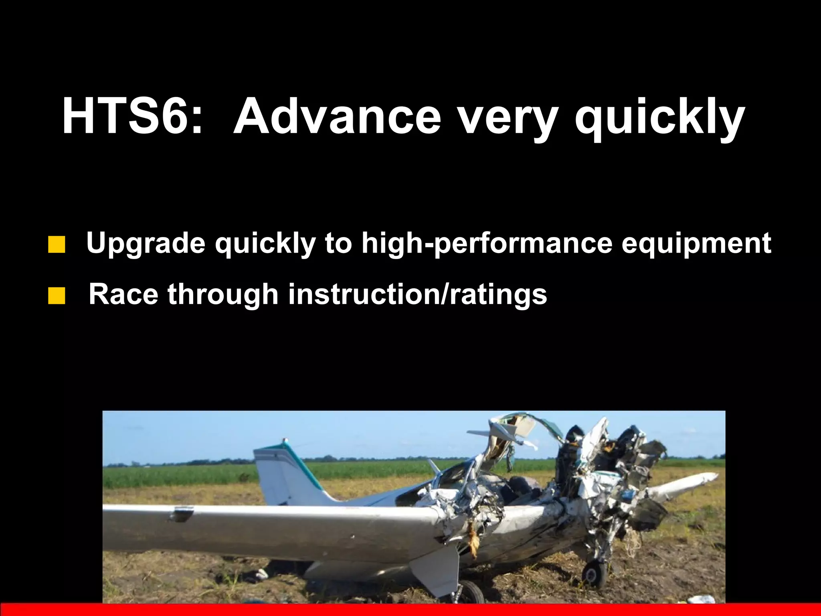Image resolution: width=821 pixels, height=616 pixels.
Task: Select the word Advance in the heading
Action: pyautogui.click(x=336, y=116)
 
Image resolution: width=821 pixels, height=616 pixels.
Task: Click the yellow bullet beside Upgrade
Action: pyautogui.click(x=57, y=245)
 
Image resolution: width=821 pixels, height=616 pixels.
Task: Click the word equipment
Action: pyautogui.click(x=696, y=244)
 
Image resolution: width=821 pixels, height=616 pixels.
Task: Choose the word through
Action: pyautogui.click(x=223, y=295)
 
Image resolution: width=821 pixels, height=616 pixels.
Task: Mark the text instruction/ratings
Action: pyautogui.click(x=417, y=295)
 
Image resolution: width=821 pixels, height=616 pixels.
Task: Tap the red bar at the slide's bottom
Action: pyautogui.click(x=410, y=609)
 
